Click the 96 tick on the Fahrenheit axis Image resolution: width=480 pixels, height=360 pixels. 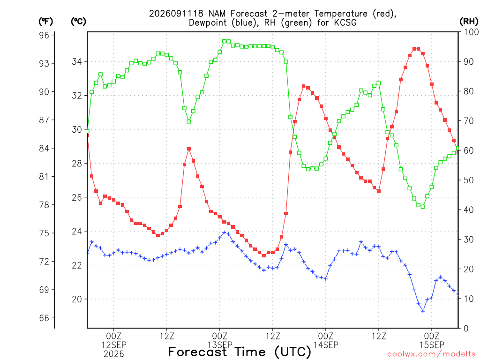pos(44,35)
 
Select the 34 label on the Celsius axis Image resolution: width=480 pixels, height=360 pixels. pos(77,61)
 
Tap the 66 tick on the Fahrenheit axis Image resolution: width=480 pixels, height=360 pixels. pos(44,318)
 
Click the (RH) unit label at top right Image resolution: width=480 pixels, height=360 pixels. pos(469,21)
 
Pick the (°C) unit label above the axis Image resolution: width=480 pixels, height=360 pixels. pos(78,21)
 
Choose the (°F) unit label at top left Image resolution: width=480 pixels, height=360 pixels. pos(45,21)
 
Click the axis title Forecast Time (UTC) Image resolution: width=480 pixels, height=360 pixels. pos(240,352)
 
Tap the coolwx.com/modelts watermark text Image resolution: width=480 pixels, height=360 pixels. pos(433,354)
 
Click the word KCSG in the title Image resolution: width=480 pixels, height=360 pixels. pos(345,22)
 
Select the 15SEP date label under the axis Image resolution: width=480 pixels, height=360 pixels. pos(432,345)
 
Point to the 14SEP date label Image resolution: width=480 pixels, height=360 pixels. pos(326,345)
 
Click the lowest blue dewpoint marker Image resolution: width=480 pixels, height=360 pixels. pos(423,311)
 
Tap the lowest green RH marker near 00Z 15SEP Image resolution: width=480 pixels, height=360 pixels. pos(423,207)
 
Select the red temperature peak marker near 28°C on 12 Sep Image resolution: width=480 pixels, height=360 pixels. pos(189,149)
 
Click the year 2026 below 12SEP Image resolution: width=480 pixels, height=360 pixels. pos(114,354)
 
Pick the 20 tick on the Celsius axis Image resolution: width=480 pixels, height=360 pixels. pos(77,299)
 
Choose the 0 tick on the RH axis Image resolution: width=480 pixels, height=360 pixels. pos(466,329)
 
